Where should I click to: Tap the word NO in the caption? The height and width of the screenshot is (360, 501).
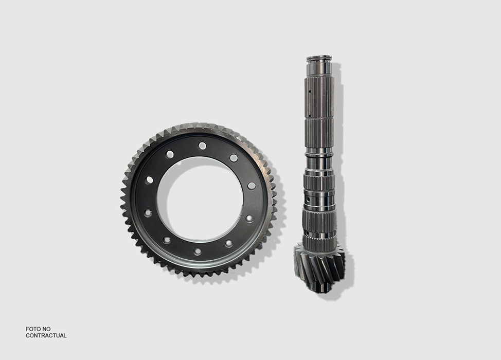[47, 329]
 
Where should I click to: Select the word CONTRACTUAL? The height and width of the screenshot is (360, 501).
[46, 335]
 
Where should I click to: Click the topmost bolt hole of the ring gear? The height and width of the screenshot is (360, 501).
[202, 146]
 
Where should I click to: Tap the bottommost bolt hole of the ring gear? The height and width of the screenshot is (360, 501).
[198, 251]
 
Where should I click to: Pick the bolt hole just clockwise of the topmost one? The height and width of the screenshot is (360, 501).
[234, 158]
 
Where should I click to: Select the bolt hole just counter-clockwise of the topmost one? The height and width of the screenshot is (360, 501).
[170, 155]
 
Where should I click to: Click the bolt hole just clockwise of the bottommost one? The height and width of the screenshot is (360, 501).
[167, 240]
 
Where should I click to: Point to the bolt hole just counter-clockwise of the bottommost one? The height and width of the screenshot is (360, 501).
[229, 243]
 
